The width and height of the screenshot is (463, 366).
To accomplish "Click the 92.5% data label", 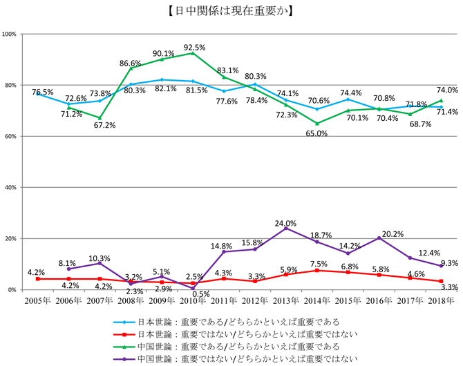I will click(195, 48).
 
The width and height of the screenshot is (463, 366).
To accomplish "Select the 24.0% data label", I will click(285, 223).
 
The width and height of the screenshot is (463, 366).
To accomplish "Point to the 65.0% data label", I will click(316, 134).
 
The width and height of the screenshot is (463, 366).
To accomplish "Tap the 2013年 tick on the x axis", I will click(285, 301).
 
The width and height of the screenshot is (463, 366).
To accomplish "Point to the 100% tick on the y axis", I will click(10, 34).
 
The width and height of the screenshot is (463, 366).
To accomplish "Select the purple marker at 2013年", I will click(285, 229).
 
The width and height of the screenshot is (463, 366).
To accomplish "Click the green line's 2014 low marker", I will click(316, 124).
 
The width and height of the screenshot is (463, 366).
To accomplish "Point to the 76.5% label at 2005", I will click(43, 92).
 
